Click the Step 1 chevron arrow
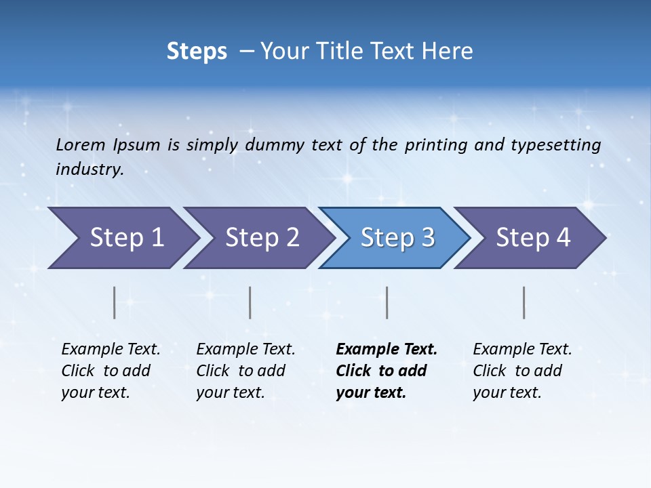click(x=122, y=238)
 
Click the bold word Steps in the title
click(x=197, y=52)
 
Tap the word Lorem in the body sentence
click(x=81, y=144)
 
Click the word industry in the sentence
click(x=89, y=169)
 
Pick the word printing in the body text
click(x=435, y=144)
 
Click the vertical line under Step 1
click(x=115, y=302)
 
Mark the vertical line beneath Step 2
click(x=250, y=302)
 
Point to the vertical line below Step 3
click(x=387, y=302)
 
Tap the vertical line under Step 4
click(x=524, y=302)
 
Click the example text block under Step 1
click(x=111, y=371)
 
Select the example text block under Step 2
click(x=245, y=371)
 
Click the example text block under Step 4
click(x=522, y=371)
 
